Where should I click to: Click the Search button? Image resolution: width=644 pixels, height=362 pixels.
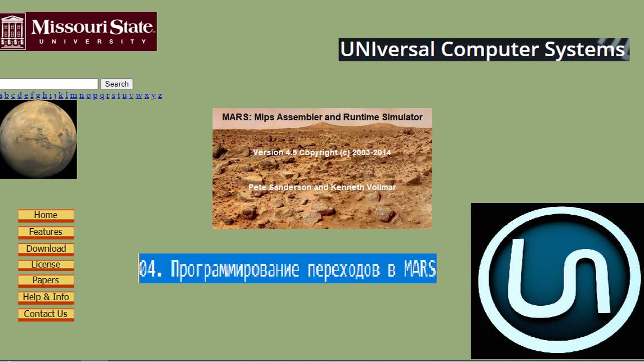point(117,84)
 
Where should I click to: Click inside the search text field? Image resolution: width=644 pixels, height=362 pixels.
point(49,84)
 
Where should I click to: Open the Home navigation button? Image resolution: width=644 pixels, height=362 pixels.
point(46,215)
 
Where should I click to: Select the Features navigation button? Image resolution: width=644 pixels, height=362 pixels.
point(46,232)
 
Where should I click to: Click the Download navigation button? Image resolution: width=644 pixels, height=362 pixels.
point(46,249)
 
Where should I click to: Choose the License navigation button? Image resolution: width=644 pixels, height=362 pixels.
point(46,265)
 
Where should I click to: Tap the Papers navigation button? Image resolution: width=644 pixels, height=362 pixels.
point(46,280)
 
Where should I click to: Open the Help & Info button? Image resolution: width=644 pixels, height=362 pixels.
point(46,297)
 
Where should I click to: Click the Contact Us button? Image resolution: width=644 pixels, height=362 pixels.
point(46,314)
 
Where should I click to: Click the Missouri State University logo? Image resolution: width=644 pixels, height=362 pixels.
point(78,31)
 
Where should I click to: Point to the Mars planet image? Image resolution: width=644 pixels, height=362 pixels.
point(38,139)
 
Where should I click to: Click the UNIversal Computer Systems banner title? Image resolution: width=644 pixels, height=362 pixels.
point(483,49)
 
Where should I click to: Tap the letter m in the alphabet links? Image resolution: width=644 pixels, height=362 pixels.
point(73,96)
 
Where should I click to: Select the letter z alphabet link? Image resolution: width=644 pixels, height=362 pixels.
point(160,96)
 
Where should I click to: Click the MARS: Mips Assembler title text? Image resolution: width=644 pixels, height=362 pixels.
point(322,117)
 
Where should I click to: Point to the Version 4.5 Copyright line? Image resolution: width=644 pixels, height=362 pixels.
point(322,152)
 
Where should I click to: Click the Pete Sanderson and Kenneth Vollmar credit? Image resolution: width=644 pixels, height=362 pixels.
point(322,187)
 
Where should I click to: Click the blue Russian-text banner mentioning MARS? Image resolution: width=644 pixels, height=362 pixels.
point(287,269)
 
